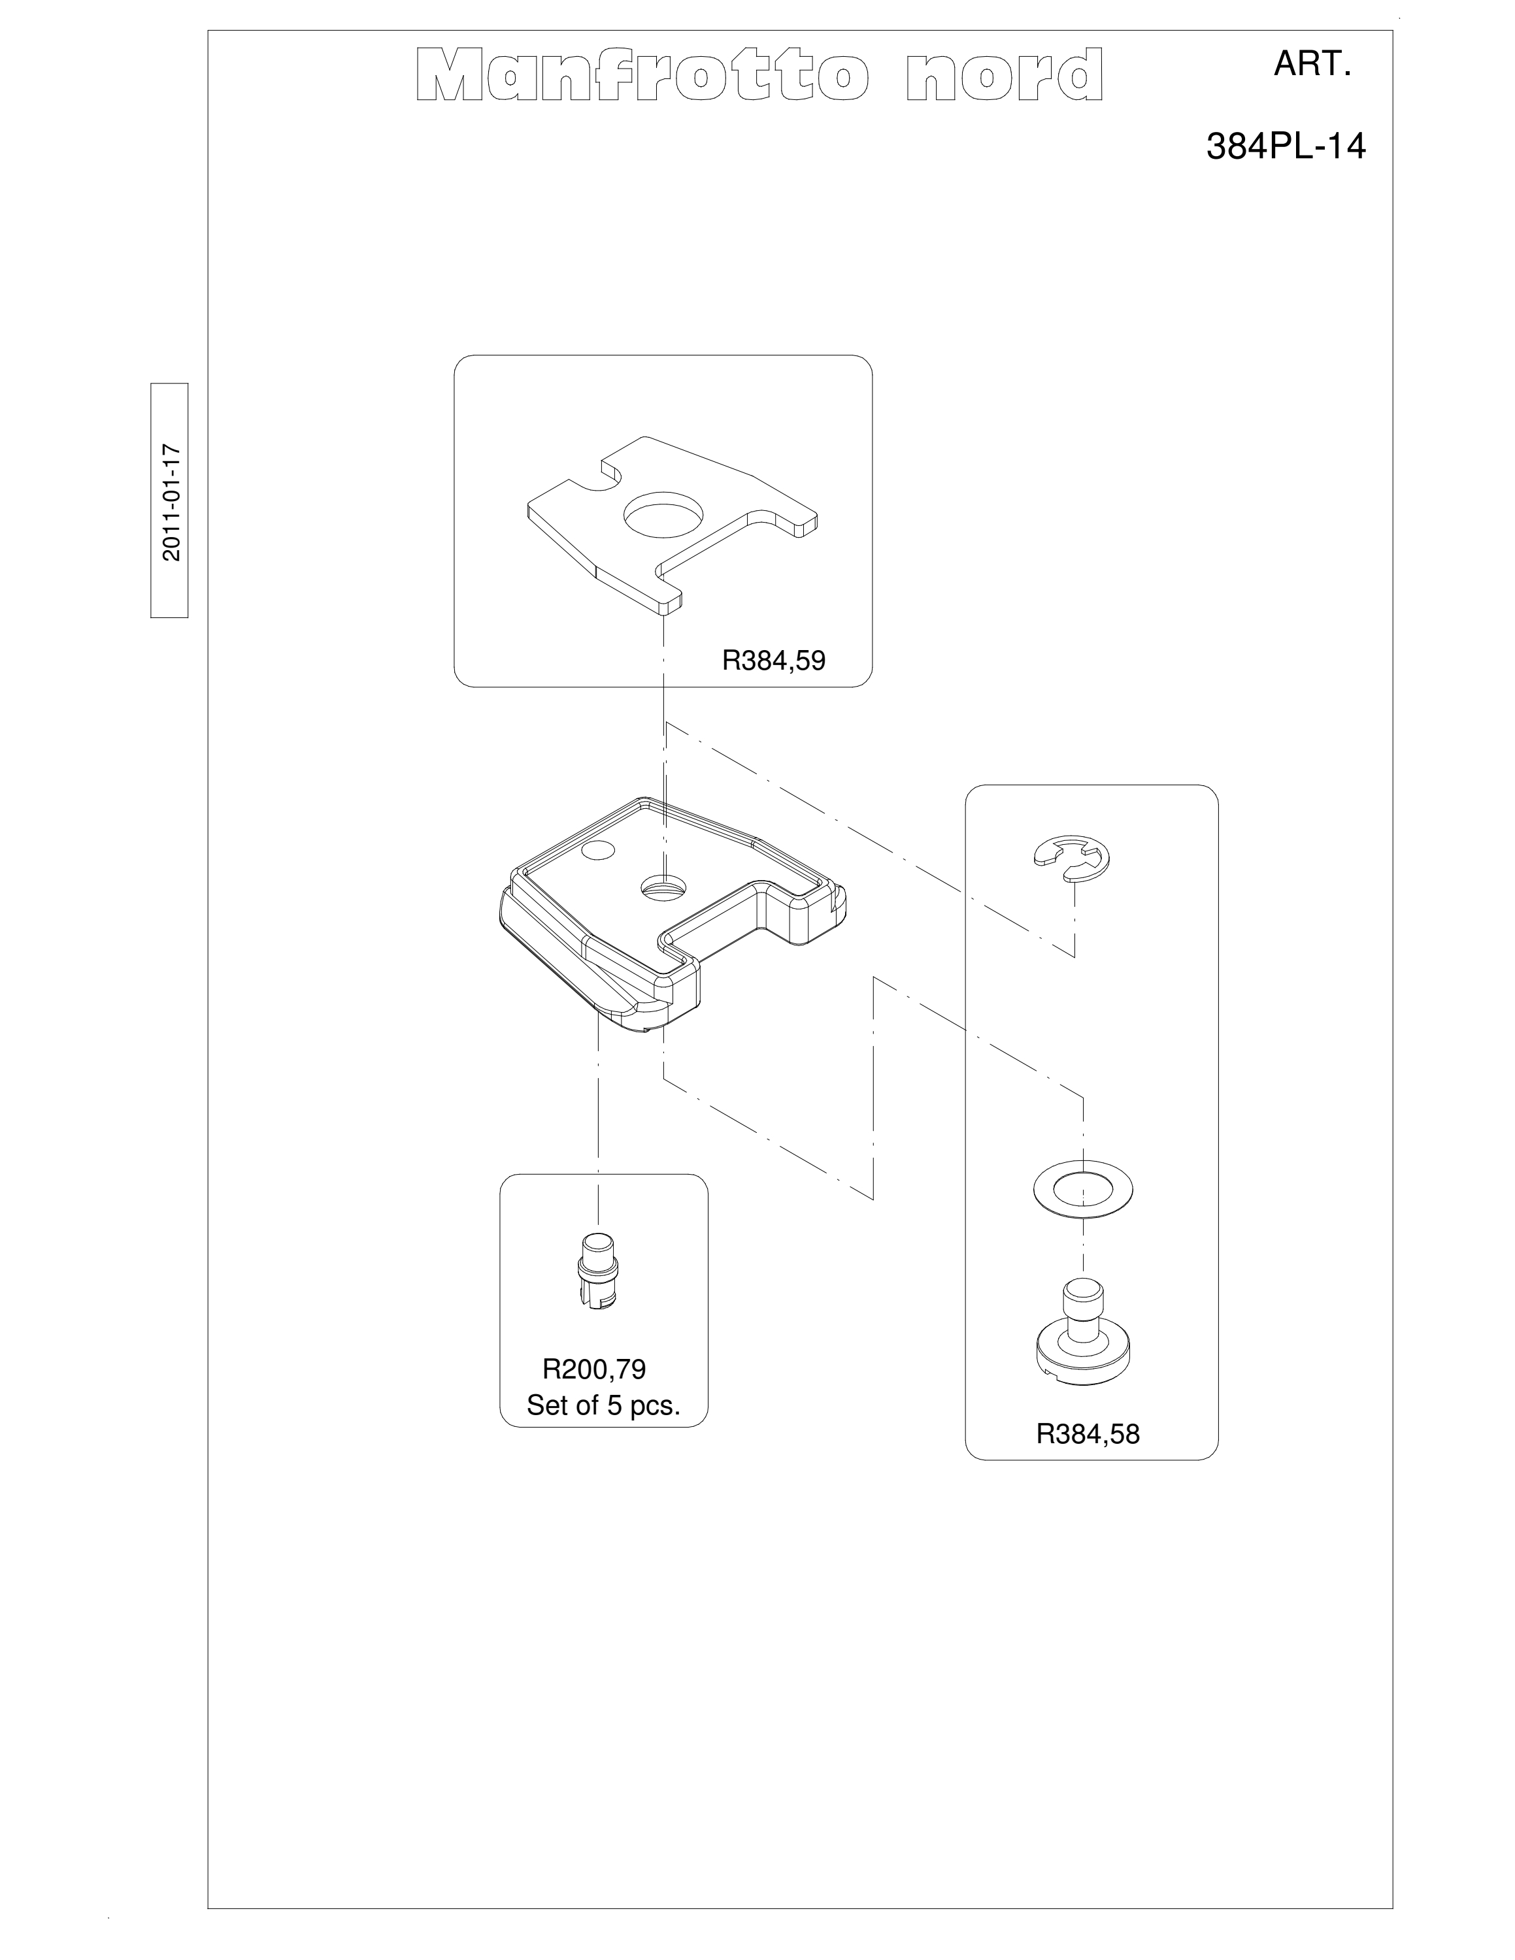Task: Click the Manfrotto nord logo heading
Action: (759, 75)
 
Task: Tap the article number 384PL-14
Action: (1285, 146)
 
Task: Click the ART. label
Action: (1312, 65)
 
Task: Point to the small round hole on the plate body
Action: (596, 850)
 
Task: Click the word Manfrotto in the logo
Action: (642, 75)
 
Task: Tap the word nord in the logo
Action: (1005, 75)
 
